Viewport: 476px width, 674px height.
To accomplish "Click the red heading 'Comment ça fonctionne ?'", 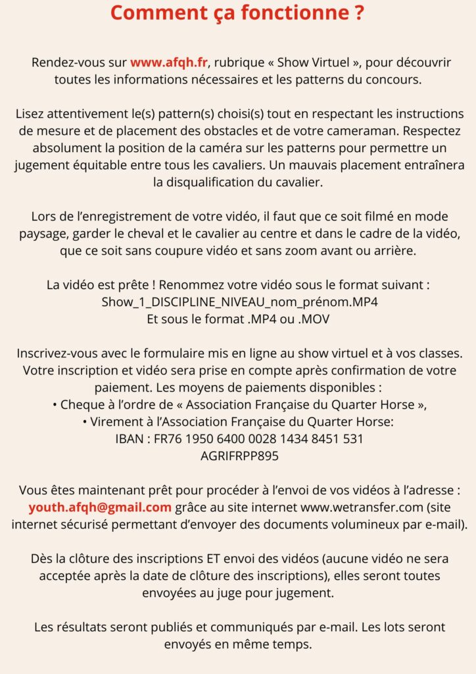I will pos(237,13).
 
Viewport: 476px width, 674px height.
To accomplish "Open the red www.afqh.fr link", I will pos(170,63).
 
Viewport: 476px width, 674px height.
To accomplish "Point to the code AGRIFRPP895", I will pos(237,455).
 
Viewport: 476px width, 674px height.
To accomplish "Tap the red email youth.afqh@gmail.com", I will pos(100,507).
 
